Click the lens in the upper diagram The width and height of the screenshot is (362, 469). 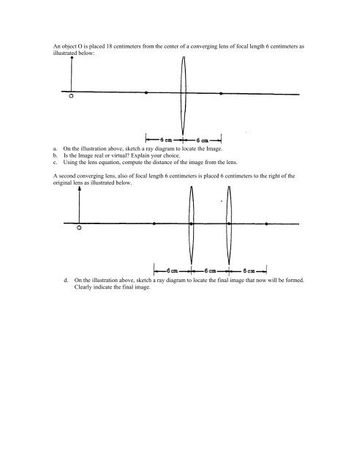pos(184,93)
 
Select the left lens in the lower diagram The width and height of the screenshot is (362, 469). pos(192,223)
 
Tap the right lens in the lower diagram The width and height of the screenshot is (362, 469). pos(229,223)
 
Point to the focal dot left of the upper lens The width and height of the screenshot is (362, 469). pos(146,93)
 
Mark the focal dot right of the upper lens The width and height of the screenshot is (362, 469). pos(221,94)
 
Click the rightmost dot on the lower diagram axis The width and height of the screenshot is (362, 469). pos(266,224)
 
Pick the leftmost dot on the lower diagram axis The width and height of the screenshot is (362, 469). pos(154,224)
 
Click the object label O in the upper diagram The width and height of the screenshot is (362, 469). pos(70,96)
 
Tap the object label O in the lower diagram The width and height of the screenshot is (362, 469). pos(78,228)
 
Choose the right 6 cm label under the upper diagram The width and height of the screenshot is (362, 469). pos(203,138)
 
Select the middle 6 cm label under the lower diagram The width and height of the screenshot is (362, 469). pos(211,270)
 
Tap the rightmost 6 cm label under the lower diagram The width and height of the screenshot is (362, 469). pos(249,270)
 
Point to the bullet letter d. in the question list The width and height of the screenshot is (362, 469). pos(67,280)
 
